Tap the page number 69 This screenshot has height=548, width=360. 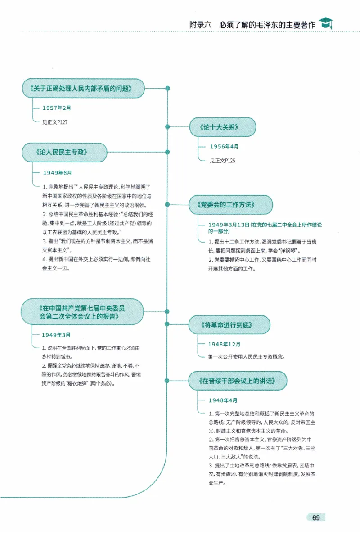(x=315, y=518)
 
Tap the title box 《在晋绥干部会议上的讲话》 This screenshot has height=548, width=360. (x=237, y=381)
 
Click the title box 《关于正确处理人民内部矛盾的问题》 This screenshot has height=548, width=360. (x=83, y=88)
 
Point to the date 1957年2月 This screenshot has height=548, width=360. (x=57, y=108)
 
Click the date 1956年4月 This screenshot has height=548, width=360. (x=224, y=147)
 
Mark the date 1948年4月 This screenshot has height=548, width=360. (x=223, y=400)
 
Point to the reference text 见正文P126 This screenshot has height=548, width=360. (x=222, y=161)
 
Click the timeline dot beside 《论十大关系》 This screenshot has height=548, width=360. (x=168, y=127)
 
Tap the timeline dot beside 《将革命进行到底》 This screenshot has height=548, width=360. (x=168, y=325)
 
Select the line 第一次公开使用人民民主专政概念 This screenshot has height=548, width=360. (x=247, y=357)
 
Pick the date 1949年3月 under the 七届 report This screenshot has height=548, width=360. (x=56, y=335)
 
